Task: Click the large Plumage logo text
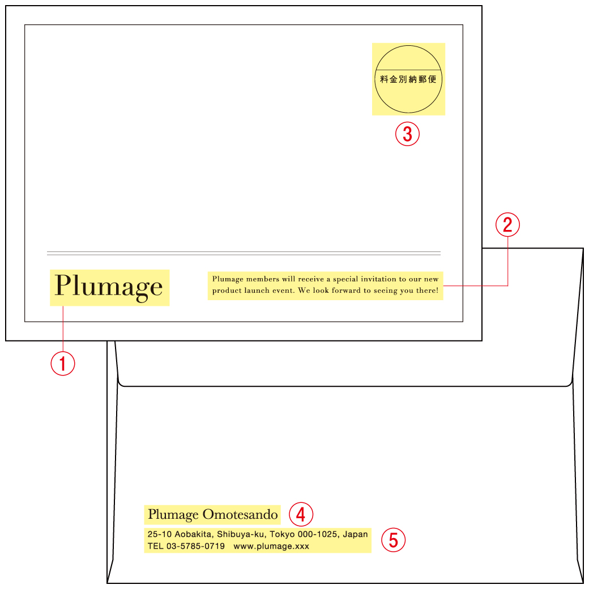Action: (109, 287)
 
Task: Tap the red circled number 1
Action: (63, 363)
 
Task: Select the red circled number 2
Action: (507, 225)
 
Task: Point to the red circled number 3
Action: (407, 134)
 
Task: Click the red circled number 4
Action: (301, 514)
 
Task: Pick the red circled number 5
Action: (393, 540)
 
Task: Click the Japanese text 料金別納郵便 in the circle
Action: (408, 79)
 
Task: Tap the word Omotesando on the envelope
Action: (240, 514)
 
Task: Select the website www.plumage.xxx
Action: (271, 546)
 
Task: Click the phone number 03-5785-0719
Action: (196, 546)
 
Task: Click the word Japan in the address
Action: (355, 535)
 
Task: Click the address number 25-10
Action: (160, 534)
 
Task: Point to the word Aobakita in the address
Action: (194, 534)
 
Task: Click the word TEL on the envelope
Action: (156, 546)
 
